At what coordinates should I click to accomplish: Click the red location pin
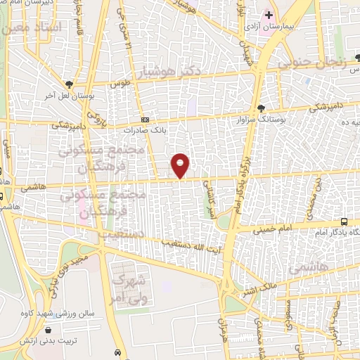(181, 165)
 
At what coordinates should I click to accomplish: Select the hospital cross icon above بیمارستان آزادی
(288, 14)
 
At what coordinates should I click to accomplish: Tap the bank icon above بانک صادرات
(145, 120)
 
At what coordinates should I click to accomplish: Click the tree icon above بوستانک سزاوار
(262, 108)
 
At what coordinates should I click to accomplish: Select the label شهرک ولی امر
(129, 288)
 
